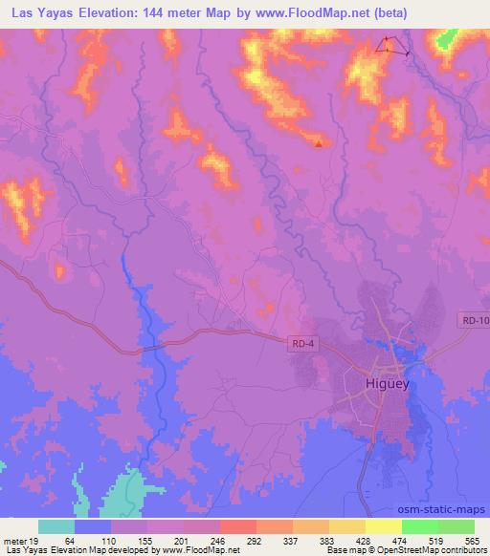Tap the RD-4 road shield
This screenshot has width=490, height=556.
pos(301,341)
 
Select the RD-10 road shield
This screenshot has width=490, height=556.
pos(474,322)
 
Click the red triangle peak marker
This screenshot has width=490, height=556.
pos(319,144)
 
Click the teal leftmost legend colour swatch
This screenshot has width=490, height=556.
pos(56,526)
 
